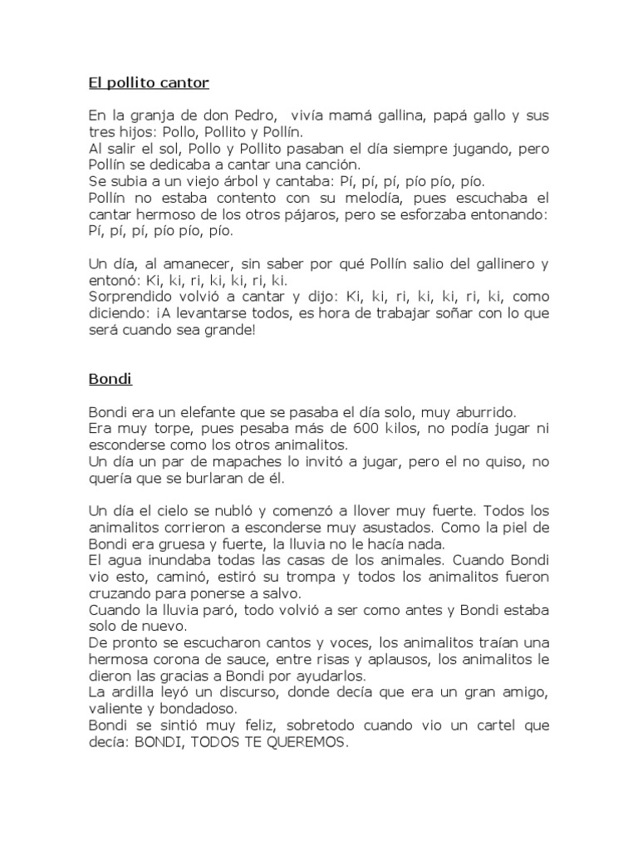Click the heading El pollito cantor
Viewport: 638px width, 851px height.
coord(149,83)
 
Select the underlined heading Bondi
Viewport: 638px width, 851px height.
coord(110,380)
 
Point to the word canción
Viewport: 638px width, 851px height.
coord(331,165)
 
